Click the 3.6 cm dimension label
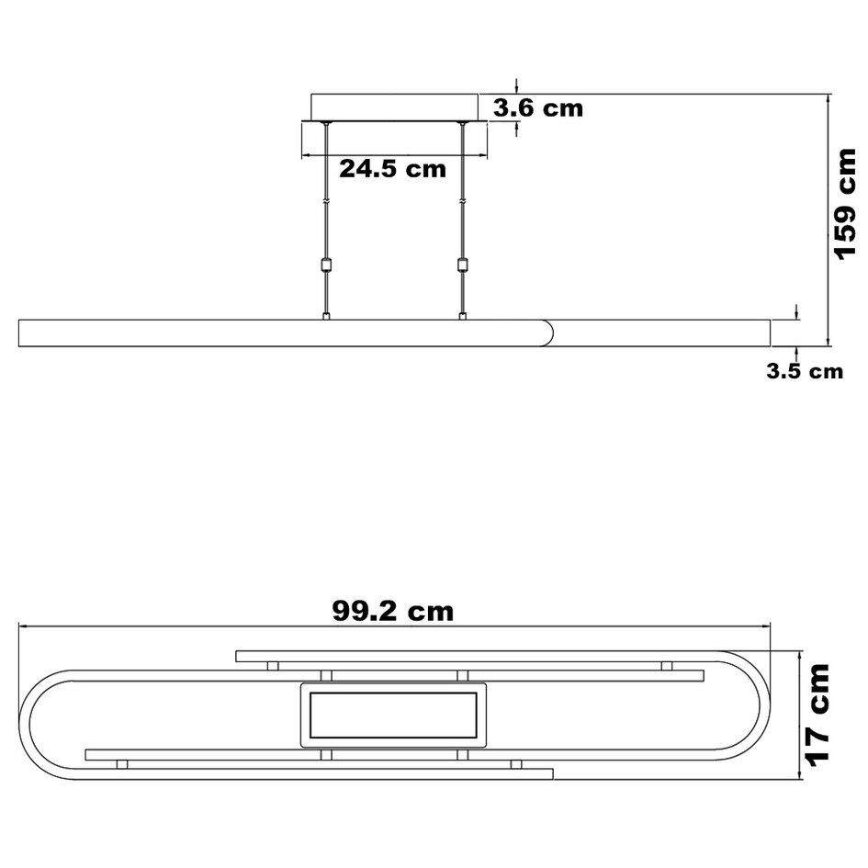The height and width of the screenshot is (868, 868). point(537,108)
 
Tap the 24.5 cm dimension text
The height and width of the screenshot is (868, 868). point(392,169)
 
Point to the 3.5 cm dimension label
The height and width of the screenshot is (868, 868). point(804,372)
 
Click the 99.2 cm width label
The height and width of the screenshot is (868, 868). point(392,611)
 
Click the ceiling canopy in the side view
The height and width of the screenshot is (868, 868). point(395,106)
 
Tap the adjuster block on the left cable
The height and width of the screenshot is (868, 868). point(325,266)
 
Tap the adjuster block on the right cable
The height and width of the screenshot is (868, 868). point(462,266)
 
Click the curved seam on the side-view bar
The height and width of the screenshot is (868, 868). point(552,333)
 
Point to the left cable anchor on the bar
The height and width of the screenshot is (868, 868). point(325,316)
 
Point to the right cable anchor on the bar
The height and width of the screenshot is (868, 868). point(462,316)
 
